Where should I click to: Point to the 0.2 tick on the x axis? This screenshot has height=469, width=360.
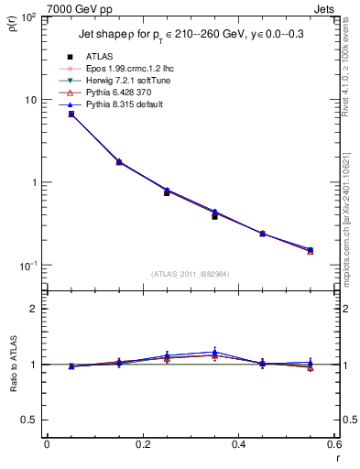[143, 445]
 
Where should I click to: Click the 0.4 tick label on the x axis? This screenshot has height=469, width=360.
[239, 445]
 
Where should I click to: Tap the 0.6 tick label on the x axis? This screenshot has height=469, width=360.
[333, 445]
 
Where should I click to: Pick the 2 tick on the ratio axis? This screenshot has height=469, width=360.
[35, 309]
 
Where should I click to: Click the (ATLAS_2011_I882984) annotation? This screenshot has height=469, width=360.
[191, 274]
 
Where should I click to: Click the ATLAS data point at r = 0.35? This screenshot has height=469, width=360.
[214, 216]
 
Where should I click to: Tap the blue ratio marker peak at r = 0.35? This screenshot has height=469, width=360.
[214, 352]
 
